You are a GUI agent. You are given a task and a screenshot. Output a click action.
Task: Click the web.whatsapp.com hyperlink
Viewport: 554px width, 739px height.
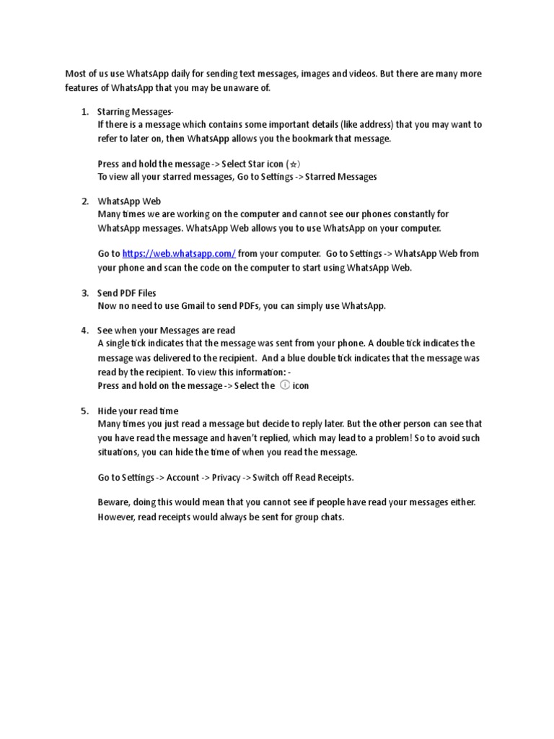point(179,254)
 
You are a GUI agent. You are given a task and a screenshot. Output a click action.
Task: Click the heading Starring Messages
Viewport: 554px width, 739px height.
point(136,111)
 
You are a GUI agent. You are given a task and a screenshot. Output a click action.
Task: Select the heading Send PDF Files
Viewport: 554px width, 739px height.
point(127,293)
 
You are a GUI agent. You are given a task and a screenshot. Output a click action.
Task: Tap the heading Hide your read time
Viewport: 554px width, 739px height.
point(138,411)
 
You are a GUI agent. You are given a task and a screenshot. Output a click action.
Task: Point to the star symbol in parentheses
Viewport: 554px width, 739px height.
point(292,164)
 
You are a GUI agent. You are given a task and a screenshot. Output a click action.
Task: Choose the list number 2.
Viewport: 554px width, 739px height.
point(84,201)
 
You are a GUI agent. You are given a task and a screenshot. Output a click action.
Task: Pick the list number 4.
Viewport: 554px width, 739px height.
point(84,331)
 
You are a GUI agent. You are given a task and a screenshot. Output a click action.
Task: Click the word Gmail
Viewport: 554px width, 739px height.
point(176,306)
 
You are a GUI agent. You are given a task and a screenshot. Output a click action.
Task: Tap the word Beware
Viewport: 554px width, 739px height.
point(113,503)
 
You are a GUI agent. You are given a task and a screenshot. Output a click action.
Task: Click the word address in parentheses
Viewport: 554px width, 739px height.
point(372,124)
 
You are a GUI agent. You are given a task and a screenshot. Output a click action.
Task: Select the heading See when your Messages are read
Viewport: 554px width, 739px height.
point(166,331)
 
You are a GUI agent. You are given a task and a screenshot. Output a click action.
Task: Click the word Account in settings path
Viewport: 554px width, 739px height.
point(183,478)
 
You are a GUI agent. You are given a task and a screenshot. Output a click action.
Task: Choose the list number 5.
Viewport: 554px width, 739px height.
point(84,411)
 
